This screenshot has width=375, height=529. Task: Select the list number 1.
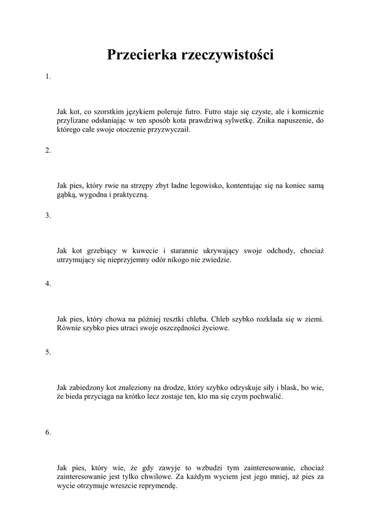(x=48, y=77)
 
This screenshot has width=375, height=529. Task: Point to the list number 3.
(x=48, y=215)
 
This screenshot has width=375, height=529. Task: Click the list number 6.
(x=48, y=432)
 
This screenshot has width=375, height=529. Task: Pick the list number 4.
(x=48, y=284)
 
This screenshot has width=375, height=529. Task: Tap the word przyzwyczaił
(x=169, y=130)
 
